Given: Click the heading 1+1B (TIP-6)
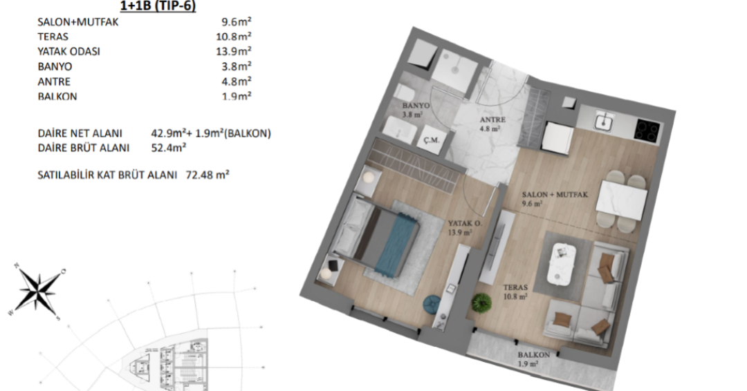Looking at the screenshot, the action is pyautogui.click(x=158, y=6).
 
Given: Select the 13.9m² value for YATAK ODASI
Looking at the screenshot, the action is pyautogui.click(x=234, y=51).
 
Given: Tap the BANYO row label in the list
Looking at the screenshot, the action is pyautogui.click(x=55, y=66).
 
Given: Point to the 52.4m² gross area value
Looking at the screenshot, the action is pyautogui.click(x=168, y=147).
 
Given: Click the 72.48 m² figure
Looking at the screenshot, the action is pyautogui.click(x=207, y=175).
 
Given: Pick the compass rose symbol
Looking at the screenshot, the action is pyautogui.click(x=37, y=289).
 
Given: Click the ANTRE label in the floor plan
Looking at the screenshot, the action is pyautogui.click(x=492, y=120).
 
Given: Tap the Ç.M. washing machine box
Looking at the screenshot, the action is pyautogui.click(x=431, y=140).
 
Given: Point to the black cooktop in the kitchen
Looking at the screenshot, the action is pyautogui.click(x=647, y=129).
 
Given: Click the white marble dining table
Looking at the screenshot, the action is pyautogui.click(x=622, y=200).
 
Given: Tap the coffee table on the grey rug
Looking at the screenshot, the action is pyautogui.click(x=562, y=263).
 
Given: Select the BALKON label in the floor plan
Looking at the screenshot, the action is pyautogui.click(x=533, y=355).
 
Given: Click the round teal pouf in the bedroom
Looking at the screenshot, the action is pyautogui.click(x=432, y=305).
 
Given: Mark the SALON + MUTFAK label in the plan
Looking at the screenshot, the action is pyautogui.click(x=555, y=195).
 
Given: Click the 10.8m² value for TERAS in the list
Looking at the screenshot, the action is pyautogui.click(x=234, y=36).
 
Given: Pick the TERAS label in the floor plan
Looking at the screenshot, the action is pyautogui.click(x=515, y=287).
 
